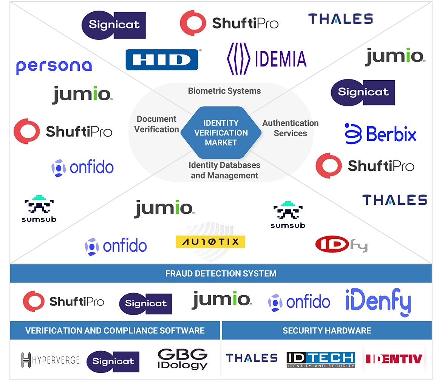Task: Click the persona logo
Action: [54, 67]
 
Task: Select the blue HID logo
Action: [162, 59]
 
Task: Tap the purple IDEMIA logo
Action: [266, 59]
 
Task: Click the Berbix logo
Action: [380, 134]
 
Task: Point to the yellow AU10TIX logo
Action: [210, 242]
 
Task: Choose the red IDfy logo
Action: [341, 244]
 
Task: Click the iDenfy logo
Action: [378, 302]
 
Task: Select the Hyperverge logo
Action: [50, 360]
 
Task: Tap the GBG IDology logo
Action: [182, 359]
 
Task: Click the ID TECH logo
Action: [321, 360]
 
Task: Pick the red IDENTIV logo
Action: [394, 358]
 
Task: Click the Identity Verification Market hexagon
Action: [221, 133]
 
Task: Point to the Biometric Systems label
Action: [224, 91]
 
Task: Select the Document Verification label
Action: [156, 124]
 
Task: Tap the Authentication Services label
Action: [290, 128]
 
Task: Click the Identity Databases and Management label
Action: [224, 170]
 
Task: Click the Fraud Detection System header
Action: [221, 273]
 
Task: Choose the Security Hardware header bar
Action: [327, 330]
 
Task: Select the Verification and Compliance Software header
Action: [115, 330]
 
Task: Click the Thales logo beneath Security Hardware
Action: [252, 358]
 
